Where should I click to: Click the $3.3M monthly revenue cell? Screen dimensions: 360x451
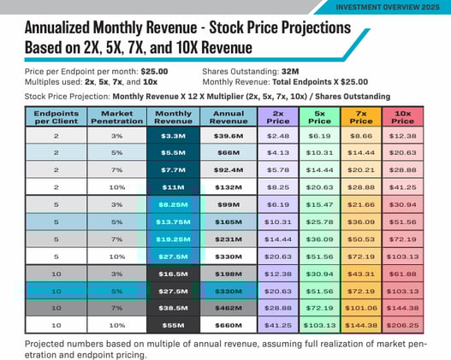click(173, 135)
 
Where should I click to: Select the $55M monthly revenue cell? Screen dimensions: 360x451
click(173, 326)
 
